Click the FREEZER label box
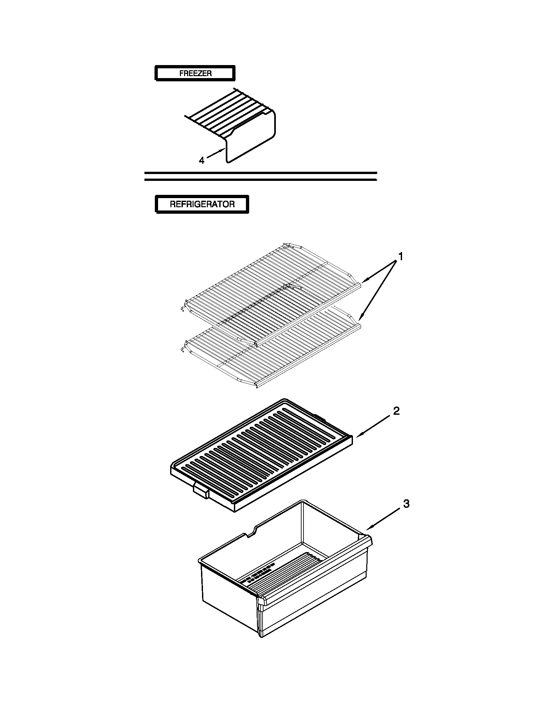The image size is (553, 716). click(x=195, y=73)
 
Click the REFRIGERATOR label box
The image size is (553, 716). click(x=202, y=204)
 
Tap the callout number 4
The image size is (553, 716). click(x=202, y=161)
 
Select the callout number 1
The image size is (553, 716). click(x=400, y=256)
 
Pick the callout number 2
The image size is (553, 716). click(x=396, y=411)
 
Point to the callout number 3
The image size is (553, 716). click(x=406, y=504)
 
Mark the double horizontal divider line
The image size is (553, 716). click(x=261, y=176)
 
